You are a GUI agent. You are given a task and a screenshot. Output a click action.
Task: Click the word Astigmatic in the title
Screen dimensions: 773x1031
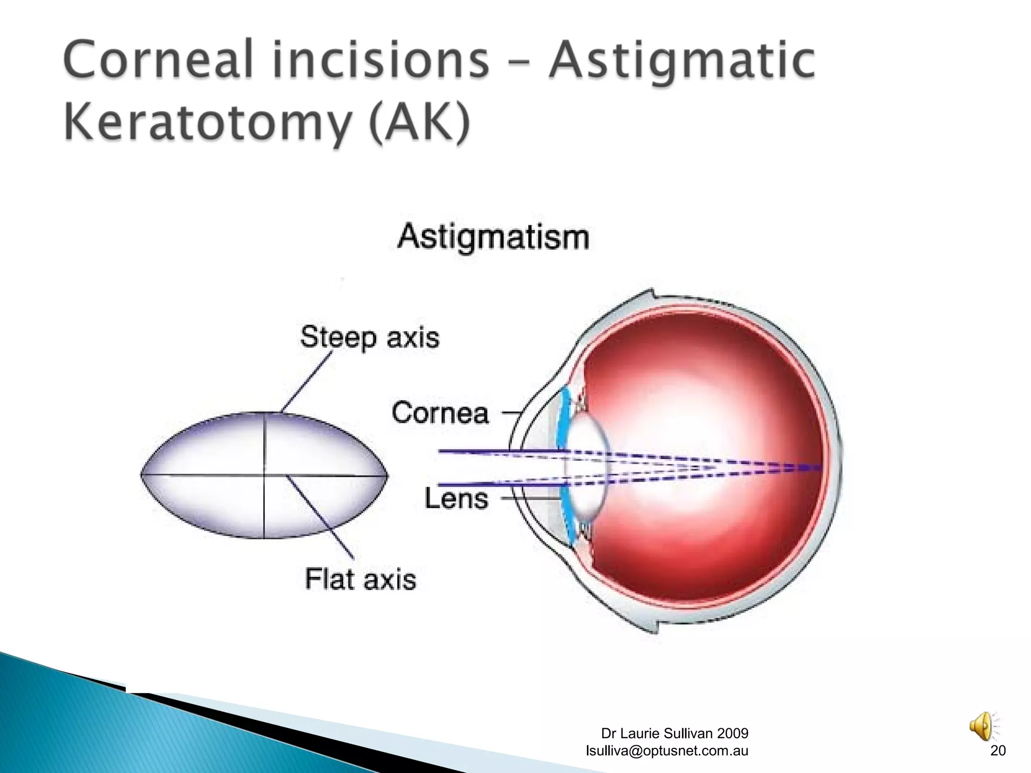(x=682, y=61)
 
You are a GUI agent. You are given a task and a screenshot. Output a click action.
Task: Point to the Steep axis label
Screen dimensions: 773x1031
(x=370, y=337)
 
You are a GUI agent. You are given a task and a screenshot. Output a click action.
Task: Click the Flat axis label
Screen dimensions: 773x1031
(x=360, y=579)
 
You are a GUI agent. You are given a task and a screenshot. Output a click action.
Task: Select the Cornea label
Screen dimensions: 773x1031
(x=440, y=413)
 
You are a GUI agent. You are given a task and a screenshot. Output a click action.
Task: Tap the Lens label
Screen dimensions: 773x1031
(x=456, y=499)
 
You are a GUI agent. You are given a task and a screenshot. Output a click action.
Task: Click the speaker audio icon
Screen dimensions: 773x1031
(x=982, y=726)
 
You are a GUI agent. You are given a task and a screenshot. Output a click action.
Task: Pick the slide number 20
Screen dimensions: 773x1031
(x=998, y=750)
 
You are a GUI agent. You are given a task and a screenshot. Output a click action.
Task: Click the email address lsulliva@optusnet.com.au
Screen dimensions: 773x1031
(x=667, y=750)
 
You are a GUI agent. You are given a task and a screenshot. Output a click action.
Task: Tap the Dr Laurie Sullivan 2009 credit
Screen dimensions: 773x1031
(x=675, y=733)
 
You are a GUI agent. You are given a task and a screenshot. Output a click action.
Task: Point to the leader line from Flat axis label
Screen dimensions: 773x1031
(x=320, y=517)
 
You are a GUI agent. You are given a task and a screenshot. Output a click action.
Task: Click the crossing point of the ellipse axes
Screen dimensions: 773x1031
(x=264, y=475)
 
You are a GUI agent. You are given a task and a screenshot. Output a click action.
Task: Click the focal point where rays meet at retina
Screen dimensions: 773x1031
(x=818, y=468)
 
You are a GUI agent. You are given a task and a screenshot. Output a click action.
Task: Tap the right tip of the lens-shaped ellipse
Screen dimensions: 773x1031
(x=387, y=475)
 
